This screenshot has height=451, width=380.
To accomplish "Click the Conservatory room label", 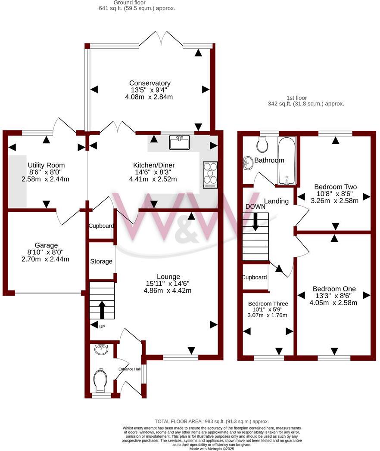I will [x=150, y=83].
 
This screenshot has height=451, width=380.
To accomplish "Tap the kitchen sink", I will [x=180, y=142].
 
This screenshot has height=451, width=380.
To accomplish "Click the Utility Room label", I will [x=46, y=165].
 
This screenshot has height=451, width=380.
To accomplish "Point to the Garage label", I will [x=47, y=245].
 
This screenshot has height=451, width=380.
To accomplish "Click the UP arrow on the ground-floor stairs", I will [x=102, y=309].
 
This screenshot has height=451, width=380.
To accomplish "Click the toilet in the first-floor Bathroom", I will [x=262, y=145].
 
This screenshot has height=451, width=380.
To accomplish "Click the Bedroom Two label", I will [x=335, y=187].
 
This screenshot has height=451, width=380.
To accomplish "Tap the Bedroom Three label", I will [x=268, y=303].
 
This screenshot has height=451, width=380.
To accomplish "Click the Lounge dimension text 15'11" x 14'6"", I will [x=168, y=284].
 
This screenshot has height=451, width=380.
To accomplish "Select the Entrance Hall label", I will [x=129, y=369].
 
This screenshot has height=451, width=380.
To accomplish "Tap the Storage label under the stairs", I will [x=101, y=261].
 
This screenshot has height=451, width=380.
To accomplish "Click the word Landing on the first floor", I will [x=276, y=201].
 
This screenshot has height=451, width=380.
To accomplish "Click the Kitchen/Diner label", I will [x=154, y=165].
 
